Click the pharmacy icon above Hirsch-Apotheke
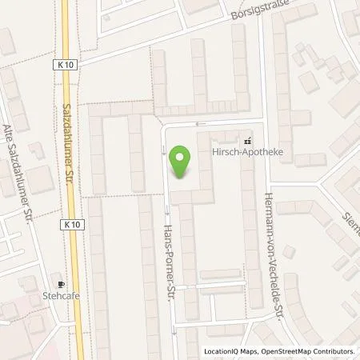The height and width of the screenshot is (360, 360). (246, 141)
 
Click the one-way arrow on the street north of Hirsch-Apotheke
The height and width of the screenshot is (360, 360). (200, 124)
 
